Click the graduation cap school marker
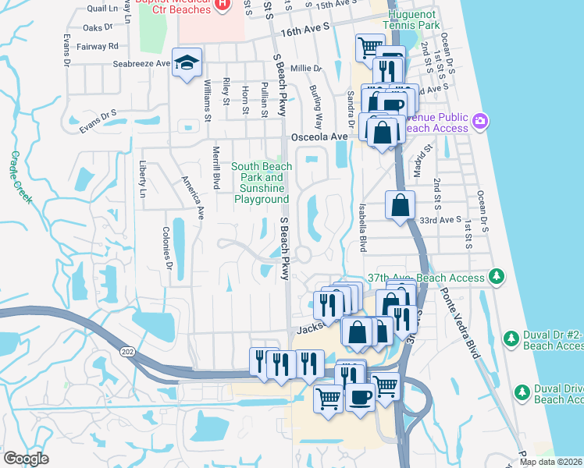tap(187, 63)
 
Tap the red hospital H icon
tap(222, 4)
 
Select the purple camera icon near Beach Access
tap(480, 121)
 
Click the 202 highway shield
tap(127, 353)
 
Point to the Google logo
tap(26, 458)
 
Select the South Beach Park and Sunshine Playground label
tap(261, 183)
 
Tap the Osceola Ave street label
tap(319, 136)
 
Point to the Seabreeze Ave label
tap(141, 64)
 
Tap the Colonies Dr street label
tap(166, 248)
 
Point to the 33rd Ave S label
tap(440, 220)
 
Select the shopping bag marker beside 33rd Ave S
tap(400, 207)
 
